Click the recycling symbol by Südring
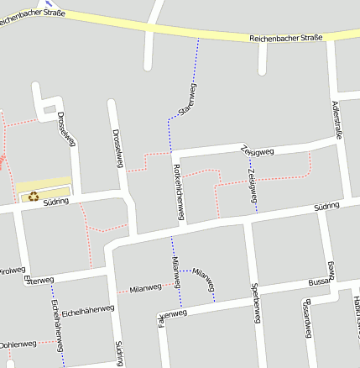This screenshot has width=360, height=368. [33, 197]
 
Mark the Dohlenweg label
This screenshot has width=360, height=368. [18, 344]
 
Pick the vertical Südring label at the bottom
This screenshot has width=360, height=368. [119, 353]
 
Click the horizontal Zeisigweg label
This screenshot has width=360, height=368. [257, 151]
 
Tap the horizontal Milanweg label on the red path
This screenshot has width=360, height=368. [144, 288]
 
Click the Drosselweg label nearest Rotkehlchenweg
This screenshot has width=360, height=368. [118, 148]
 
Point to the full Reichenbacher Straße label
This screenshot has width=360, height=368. [285, 39]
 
